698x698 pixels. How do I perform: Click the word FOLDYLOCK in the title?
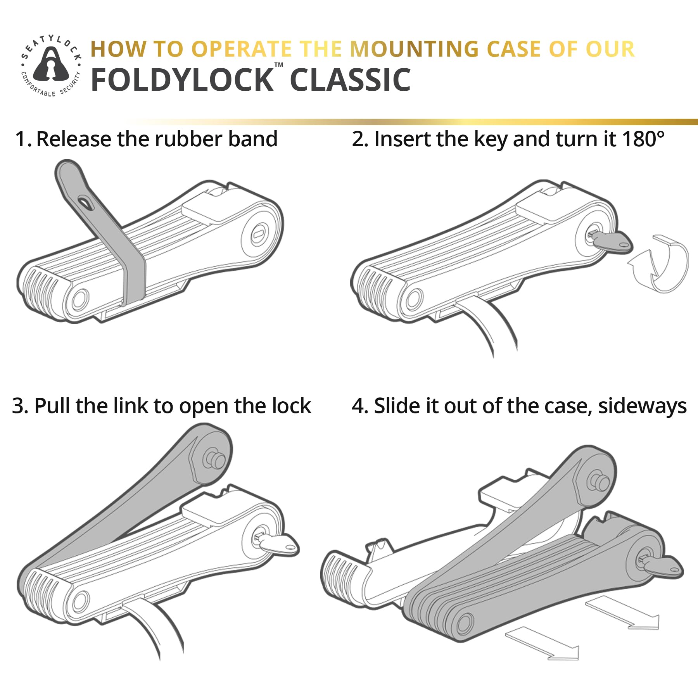point(182,80)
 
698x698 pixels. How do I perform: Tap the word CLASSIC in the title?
point(350,80)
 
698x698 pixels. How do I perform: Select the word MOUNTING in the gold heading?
point(415,49)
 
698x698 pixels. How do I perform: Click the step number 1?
point(22,139)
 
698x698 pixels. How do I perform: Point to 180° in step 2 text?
point(643,139)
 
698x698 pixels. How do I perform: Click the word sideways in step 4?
point(642,406)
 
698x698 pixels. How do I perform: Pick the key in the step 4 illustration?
point(660,566)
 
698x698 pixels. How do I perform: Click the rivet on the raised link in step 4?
point(598,481)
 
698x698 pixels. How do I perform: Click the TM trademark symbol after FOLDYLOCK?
point(279,65)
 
